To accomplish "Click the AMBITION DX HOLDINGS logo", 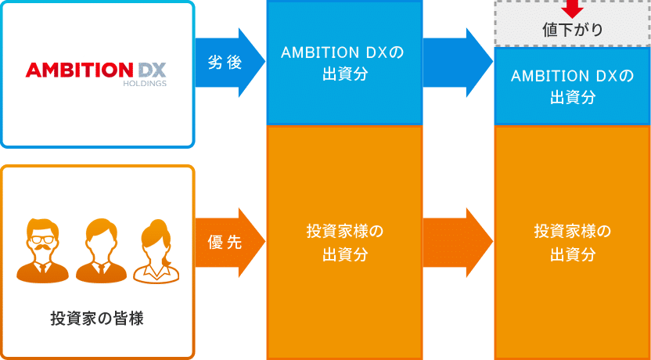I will (x=96, y=72).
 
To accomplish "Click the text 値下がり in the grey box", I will (x=572, y=31).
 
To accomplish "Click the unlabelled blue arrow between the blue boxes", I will (x=457, y=63).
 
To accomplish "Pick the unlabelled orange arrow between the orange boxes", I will (x=457, y=243).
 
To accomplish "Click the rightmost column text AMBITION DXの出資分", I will (x=572, y=86).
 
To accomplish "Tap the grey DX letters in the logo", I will (x=152, y=70).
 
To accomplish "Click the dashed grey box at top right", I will (x=572, y=23).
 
